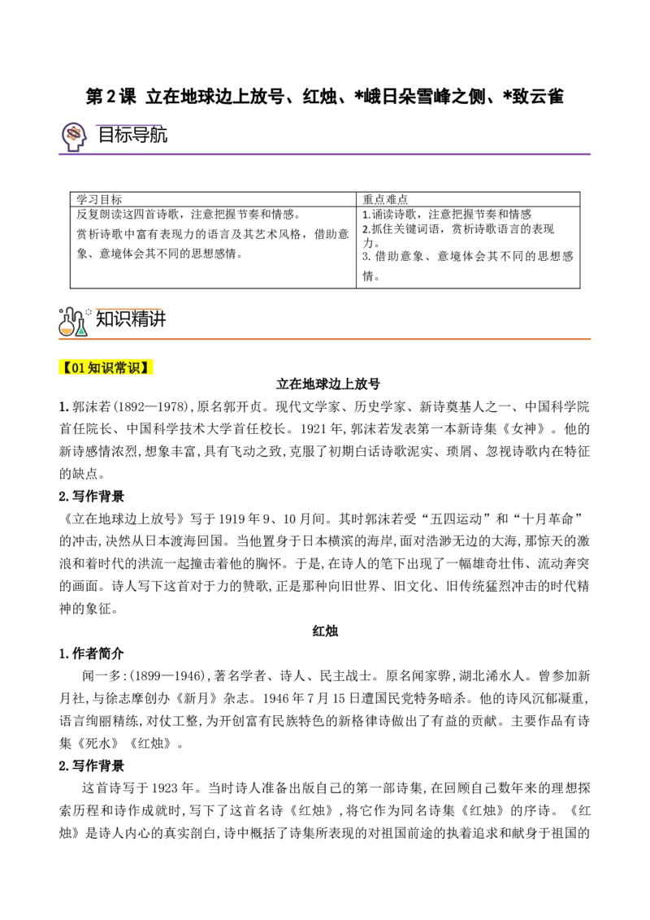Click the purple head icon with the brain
(73, 134)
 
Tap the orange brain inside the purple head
(74, 132)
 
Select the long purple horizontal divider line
(325, 153)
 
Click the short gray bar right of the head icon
(114, 146)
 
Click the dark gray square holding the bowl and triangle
(75, 321)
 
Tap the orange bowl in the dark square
(67, 331)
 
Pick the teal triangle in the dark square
(81, 331)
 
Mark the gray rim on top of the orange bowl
(67, 328)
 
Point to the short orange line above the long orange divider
(128, 309)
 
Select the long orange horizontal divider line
(325, 340)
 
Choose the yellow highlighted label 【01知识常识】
(106, 367)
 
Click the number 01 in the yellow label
(78, 368)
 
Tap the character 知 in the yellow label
(93, 368)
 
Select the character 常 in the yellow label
(121, 368)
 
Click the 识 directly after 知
(107, 368)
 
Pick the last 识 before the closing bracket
(135, 368)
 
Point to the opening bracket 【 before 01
(66, 368)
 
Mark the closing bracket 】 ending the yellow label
(147, 368)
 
